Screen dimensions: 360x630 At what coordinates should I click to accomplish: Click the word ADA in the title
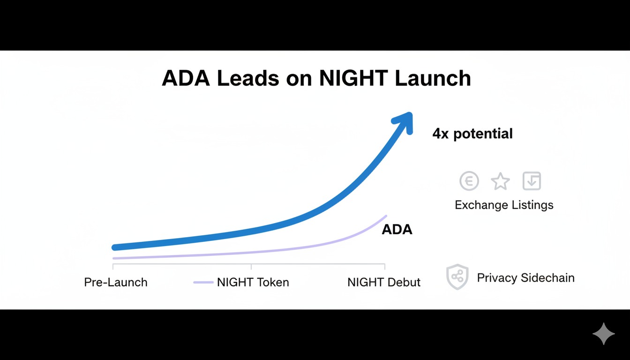tap(186, 78)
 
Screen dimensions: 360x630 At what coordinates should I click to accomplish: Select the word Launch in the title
tap(432, 78)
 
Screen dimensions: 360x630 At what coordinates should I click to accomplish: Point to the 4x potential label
tap(472, 134)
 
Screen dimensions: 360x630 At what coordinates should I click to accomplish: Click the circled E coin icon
tap(469, 181)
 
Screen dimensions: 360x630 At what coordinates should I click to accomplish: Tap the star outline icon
tap(500, 181)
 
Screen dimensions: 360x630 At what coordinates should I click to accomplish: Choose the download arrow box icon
tap(532, 181)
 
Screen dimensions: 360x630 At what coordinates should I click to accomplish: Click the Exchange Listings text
tap(504, 205)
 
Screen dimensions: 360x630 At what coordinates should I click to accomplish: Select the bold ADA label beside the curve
tap(397, 230)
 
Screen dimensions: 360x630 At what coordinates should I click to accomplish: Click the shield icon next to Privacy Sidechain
tap(457, 277)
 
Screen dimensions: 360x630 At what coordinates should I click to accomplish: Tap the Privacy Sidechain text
tap(525, 277)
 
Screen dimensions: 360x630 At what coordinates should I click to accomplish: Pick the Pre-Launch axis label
tap(116, 282)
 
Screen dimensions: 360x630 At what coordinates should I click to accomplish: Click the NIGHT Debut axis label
tap(384, 282)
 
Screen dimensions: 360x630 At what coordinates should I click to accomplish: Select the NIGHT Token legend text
tap(253, 282)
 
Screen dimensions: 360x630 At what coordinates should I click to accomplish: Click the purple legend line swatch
tap(203, 282)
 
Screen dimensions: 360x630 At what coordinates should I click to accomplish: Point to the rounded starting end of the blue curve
tap(114, 247)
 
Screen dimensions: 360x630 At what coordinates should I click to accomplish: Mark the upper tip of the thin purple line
tap(386, 216)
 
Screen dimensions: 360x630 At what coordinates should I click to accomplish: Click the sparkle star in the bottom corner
tap(603, 334)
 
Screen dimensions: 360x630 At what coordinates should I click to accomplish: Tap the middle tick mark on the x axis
tap(251, 267)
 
